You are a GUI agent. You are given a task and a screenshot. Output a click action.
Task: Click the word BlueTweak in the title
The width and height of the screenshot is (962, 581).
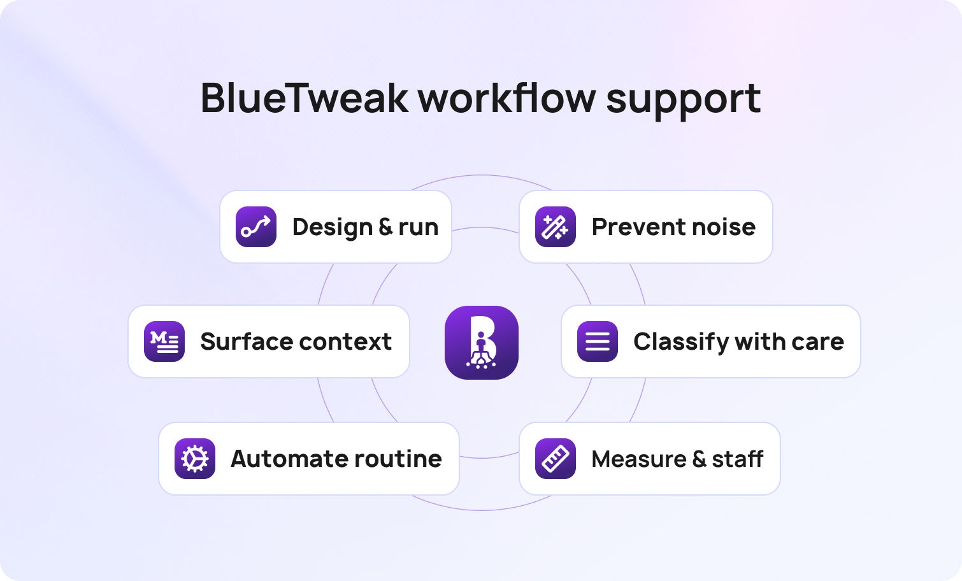click(x=304, y=98)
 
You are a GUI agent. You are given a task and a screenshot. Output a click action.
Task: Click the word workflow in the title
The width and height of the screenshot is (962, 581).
click(x=506, y=98)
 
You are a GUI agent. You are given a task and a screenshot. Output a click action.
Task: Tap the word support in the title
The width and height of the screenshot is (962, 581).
click(x=683, y=99)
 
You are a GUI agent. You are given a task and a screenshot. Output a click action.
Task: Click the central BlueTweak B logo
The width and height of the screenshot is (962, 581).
click(x=482, y=343)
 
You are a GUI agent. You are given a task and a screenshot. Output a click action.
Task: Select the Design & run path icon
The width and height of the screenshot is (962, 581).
click(x=256, y=227)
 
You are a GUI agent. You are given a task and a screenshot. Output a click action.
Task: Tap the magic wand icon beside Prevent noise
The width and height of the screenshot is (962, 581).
click(x=556, y=227)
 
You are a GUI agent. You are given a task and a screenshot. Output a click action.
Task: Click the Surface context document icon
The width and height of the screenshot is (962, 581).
click(x=164, y=341)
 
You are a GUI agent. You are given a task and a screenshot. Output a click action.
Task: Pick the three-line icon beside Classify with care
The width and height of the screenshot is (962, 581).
click(x=598, y=341)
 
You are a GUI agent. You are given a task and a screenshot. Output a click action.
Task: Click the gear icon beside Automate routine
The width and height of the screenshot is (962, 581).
click(x=195, y=459)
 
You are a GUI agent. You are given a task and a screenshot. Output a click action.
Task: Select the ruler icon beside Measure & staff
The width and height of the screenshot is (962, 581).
click(x=556, y=459)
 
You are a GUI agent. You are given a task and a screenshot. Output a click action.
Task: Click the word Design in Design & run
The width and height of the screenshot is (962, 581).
click(x=332, y=227)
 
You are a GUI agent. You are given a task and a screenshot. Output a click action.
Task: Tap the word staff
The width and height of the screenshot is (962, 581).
click(x=737, y=459)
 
